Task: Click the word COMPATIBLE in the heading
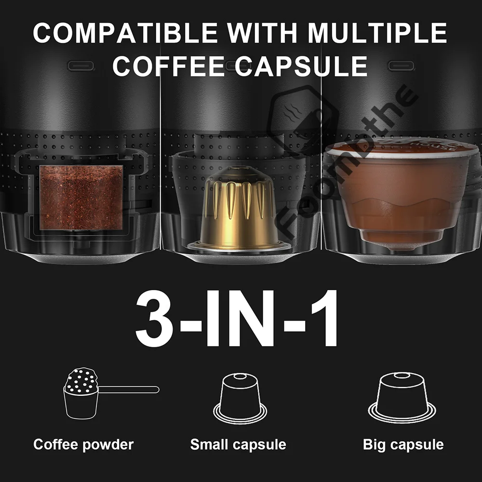[124, 33]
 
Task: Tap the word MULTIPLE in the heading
[377, 33]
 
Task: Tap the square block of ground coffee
[81, 197]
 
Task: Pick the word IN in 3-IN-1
[237, 318]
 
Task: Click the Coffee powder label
[83, 444]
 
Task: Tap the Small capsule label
[238, 444]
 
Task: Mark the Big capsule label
[403, 444]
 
